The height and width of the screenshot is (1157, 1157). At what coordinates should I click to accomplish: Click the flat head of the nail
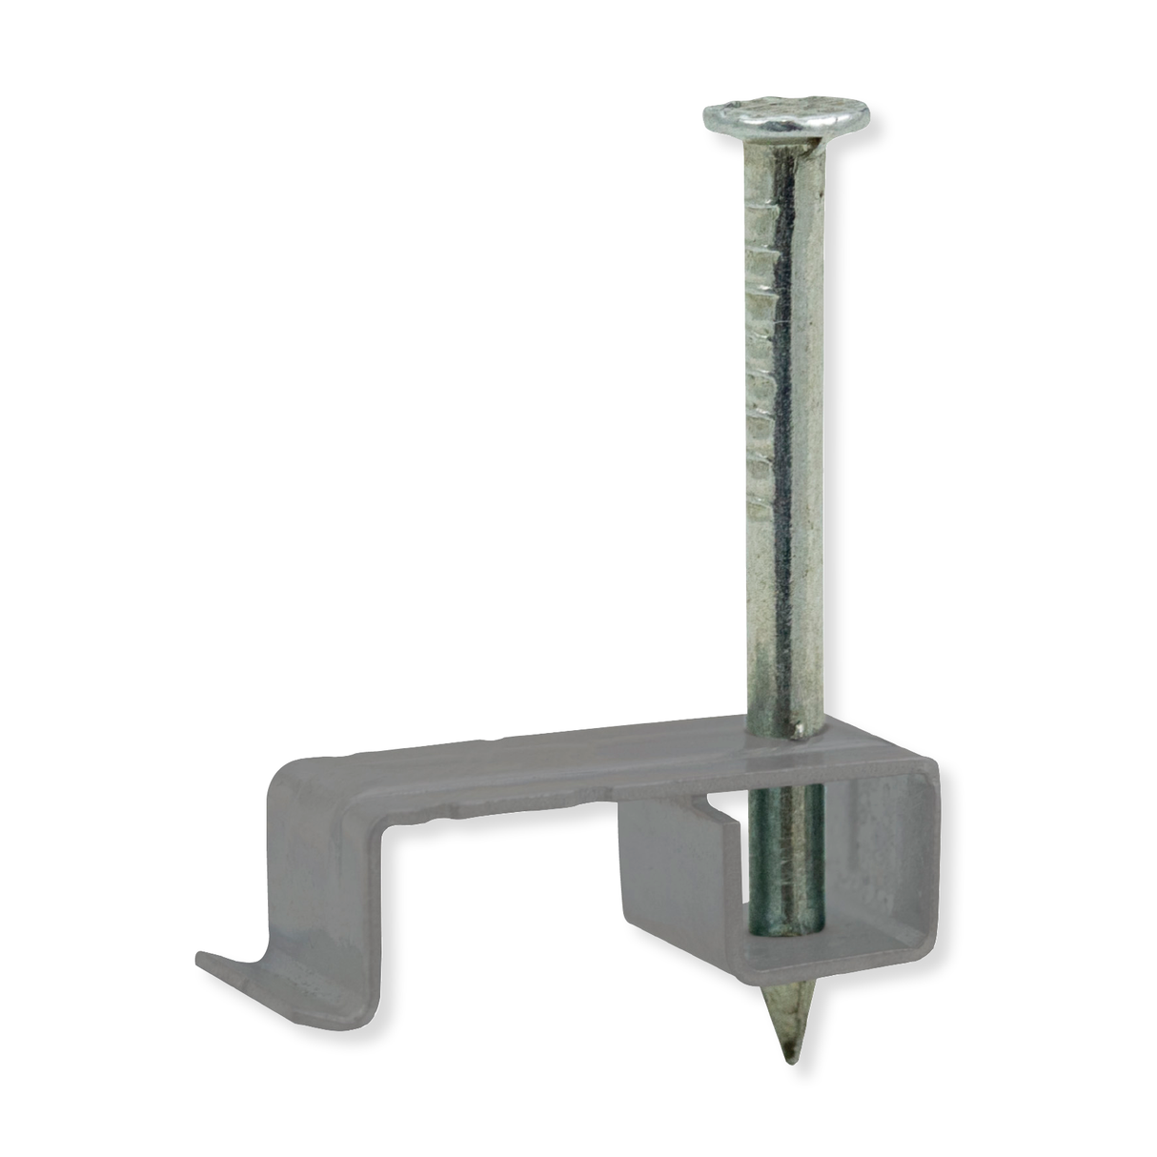[x=786, y=115]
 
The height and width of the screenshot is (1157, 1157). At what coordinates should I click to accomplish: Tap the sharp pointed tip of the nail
[x=789, y=1056]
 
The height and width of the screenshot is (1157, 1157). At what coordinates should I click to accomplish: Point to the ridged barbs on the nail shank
[x=762, y=381]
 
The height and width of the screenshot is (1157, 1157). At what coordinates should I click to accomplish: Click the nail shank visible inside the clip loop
[x=785, y=858]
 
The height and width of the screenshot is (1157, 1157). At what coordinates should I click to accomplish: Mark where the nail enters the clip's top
[x=786, y=732]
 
